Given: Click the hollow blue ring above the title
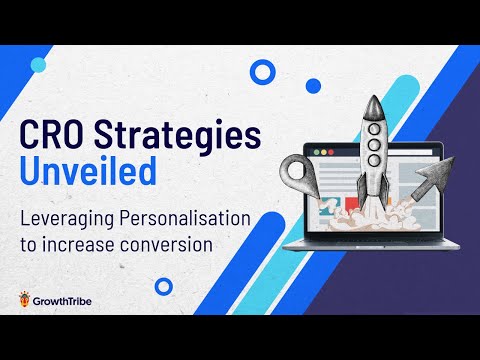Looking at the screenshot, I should pos(262,72).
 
